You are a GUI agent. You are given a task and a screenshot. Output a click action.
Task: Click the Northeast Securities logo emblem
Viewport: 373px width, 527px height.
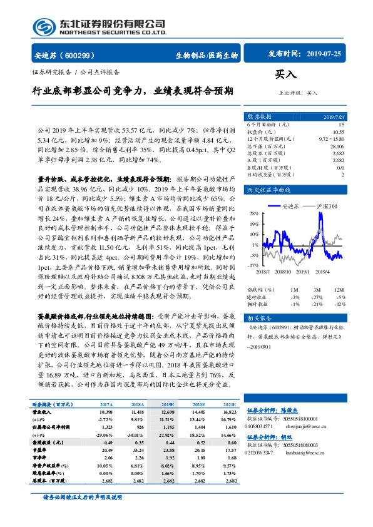pyautogui.click(x=43, y=27)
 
